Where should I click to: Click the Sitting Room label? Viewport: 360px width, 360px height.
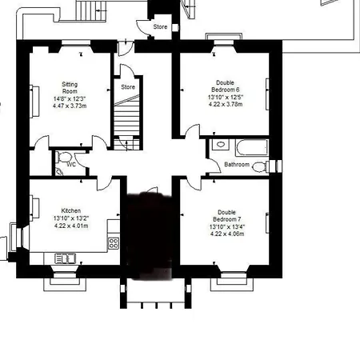[70, 88]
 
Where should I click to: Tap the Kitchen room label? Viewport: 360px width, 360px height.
[71, 210]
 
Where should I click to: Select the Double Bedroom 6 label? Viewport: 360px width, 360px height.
[226, 86]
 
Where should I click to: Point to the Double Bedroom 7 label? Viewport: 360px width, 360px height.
[227, 216]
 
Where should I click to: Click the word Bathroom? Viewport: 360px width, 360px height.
[237, 164]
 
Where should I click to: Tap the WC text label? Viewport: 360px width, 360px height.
[71, 165]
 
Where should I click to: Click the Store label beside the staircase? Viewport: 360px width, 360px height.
[128, 87]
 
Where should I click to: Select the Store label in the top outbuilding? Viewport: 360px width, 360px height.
[160, 26]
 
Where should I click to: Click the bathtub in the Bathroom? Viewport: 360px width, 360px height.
[251, 147]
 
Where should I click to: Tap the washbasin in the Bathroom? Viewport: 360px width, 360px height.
[221, 145]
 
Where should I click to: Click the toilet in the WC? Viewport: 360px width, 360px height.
[63, 157]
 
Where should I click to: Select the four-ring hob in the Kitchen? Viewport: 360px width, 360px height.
[114, 243]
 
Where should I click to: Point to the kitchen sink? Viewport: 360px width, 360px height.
[66, 258]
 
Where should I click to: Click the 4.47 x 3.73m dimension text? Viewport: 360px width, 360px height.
[70, 106]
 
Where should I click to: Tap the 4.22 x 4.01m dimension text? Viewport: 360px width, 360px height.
[71, 226]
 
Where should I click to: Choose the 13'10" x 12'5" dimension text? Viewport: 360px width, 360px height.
[226, 97]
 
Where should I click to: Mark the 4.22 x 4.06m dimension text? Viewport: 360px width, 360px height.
[227, 234]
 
